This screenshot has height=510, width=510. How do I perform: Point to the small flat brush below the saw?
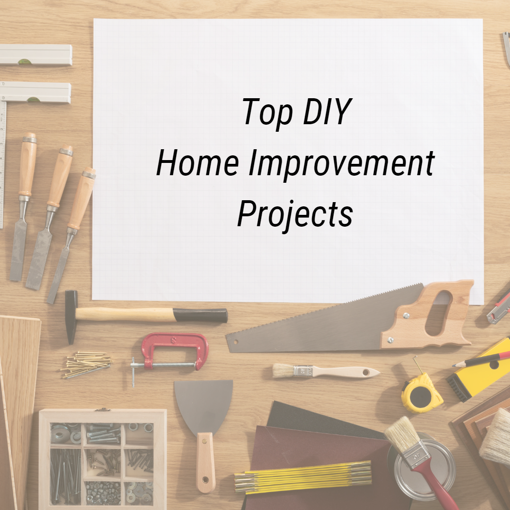(326, 371)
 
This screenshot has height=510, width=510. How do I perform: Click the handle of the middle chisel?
(60, 177)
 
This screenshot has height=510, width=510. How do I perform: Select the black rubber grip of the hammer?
(201, 315)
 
